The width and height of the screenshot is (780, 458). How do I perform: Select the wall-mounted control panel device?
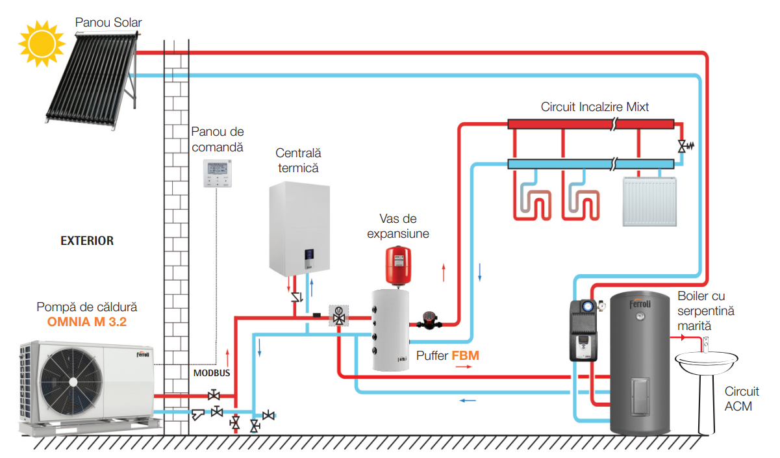pos(218,173)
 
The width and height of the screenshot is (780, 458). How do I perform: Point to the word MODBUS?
pos(212,374)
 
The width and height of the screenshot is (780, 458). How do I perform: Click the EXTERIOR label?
pos(87,241)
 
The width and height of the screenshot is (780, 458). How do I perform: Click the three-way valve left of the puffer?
pos(338,316)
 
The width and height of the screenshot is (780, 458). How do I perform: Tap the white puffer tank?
pos(390,330)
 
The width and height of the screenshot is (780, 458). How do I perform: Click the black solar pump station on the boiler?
pos(583,330)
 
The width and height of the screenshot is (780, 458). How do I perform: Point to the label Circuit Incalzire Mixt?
pos(594,107)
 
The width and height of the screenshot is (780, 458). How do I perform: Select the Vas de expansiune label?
pos(398,226)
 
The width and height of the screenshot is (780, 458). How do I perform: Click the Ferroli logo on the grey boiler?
pos(640,303)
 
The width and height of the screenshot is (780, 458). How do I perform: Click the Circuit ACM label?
pos(742,399)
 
